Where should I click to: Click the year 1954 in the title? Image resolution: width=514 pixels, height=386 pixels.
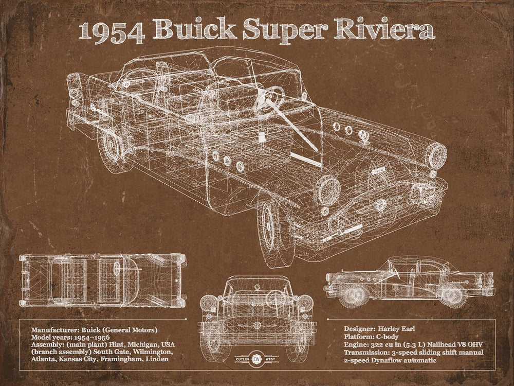click(114, 32)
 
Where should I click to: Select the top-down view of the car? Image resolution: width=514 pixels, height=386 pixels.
click(103, 280)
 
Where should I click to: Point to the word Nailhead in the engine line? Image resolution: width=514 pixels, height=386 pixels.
click(436, 345)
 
